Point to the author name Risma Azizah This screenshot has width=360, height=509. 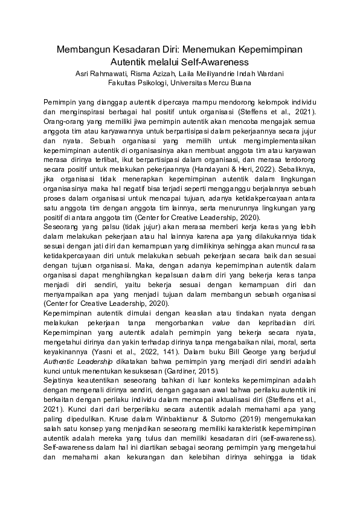point(162,74)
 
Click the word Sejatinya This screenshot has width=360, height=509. point(61,380)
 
